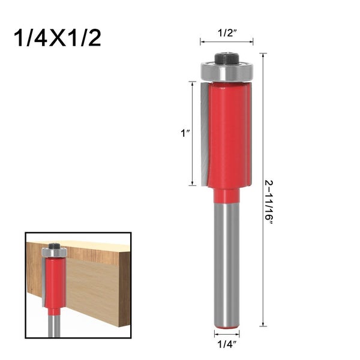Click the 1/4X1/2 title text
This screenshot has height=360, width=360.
point(57,37)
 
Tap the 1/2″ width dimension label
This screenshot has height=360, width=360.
point(227,33)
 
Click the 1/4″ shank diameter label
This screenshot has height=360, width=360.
point(227,344)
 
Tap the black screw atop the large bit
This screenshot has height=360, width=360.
point(227,59)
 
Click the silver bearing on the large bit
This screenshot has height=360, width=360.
point(227,73)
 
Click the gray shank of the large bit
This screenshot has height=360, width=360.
point(227,264)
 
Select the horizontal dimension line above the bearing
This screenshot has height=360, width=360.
point(227,43)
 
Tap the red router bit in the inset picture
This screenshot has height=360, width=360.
point(53,282)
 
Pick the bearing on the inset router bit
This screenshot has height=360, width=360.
point(54,253)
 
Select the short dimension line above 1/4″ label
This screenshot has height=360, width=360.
point(227,331)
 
